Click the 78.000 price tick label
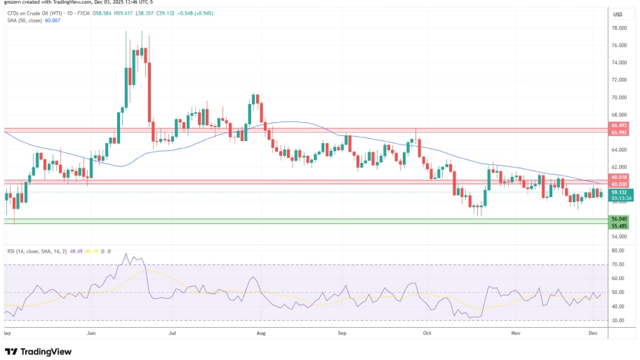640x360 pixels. point(618,28)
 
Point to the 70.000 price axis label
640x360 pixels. point(618,98)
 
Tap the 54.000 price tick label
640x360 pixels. point(618,236)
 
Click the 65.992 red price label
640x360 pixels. point(619,133)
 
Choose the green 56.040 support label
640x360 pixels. point(619,219)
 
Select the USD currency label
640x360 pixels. point(618,14)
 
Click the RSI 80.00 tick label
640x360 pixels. point(617,251)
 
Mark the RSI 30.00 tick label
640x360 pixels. point(617,320)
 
